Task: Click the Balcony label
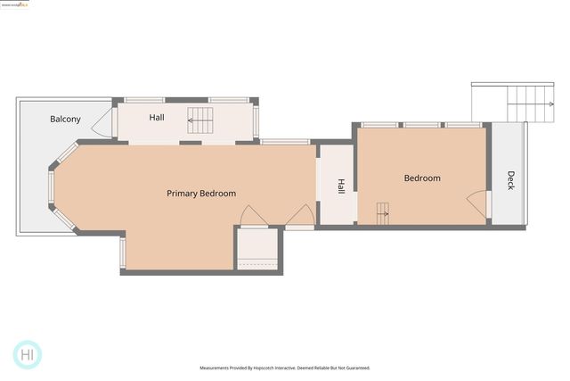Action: [65, 119]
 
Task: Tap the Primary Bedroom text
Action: [201, 194]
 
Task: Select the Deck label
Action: [510, 180]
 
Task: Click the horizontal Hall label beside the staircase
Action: [157, 118]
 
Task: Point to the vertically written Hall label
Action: [340, 186]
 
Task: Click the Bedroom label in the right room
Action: [422, 178]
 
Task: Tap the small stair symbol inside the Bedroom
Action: [382, 211]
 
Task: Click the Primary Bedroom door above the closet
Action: [253, 217]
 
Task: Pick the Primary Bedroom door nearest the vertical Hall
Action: [301, 216]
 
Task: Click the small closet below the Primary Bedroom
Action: [258, 250]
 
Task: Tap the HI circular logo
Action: [28, 354]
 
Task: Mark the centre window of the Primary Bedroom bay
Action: [52, 188]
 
